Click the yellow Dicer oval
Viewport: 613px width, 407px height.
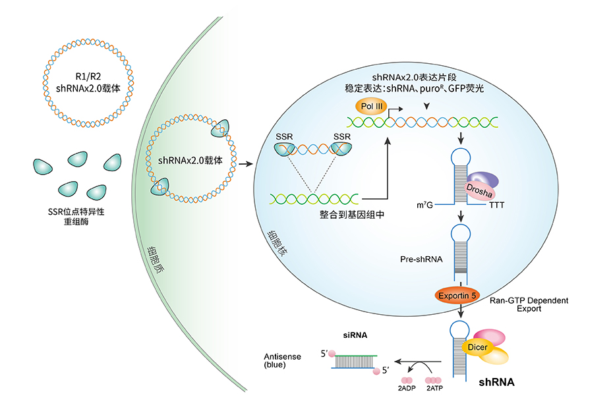[x=479, y=346]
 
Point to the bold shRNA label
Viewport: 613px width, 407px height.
[x=496, y=382]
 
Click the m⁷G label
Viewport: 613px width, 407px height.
[x=426, y=206]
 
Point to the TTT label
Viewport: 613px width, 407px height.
[x=498, y=206]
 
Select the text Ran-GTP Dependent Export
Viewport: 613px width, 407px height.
[x=529, y=304]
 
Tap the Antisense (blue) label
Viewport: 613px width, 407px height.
[x=282, y=360]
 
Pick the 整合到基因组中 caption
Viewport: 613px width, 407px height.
[x=339, y=215]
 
